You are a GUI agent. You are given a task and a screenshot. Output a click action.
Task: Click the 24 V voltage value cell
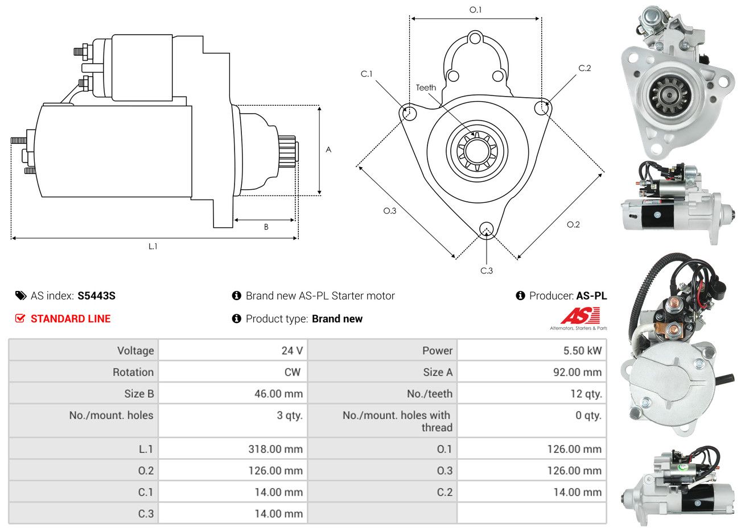click(292, 350)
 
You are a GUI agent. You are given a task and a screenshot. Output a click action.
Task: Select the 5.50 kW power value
click(582, 350)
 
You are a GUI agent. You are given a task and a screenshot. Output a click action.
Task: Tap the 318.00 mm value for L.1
click(275, 448)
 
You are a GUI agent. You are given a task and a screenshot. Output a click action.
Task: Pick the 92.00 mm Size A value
click(577, 372)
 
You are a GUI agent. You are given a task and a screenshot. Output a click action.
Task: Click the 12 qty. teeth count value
click(586, 393)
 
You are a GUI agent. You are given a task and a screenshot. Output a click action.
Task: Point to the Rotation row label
click(133, 372)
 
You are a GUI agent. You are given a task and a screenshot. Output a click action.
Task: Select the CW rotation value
click(293, 372)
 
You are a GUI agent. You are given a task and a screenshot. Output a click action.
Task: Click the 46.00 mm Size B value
click(278, 393)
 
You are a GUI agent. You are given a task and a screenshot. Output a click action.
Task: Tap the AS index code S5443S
click(96, 296)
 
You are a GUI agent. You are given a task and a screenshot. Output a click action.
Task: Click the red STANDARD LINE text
click(71, 318)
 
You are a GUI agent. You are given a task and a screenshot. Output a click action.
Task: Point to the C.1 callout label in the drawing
click(366, 74)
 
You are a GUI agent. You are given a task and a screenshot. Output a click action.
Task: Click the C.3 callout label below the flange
click(486, 271)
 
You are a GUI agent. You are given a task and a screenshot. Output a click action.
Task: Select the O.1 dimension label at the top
click(475, 10)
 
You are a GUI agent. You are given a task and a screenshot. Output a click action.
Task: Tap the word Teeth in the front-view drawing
click(426, 88)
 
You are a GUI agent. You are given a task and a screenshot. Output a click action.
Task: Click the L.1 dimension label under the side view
click(153, 246)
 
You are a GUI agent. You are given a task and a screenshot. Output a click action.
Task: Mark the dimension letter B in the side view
click(266, 227)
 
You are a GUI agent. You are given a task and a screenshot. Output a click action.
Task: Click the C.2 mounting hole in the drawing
click(542, 107)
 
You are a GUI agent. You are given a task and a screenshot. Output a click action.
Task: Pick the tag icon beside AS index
click(21, 296)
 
